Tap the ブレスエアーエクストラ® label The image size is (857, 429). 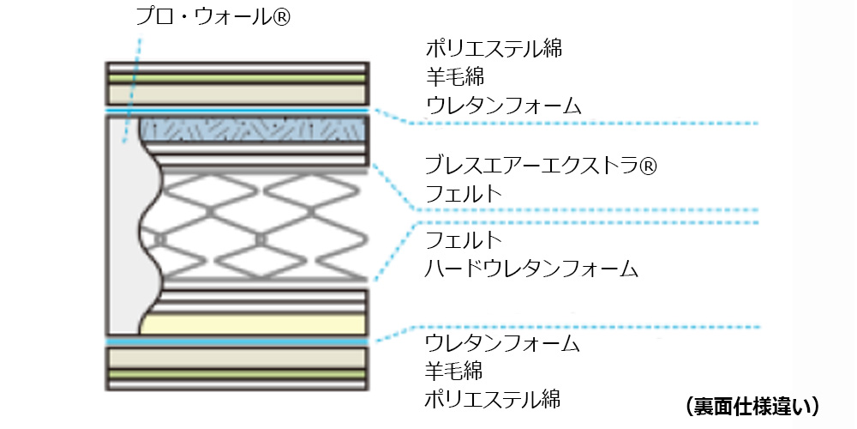coord(541,164)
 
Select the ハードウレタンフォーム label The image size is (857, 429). coord(532,269)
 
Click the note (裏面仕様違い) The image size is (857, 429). coord(754,405)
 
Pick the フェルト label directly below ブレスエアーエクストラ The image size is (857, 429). coord(464,193)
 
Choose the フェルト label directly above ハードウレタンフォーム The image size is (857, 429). coord(464,239)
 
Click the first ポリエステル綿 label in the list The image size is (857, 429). coord(494,48)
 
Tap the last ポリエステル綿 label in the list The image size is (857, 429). coord(494,399)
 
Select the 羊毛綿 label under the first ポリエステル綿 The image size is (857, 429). coord(455,76)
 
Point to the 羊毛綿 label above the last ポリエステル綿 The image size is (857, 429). coord(455,372)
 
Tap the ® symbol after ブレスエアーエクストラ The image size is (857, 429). coord(647,164)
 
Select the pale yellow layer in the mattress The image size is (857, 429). coord(257,323)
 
